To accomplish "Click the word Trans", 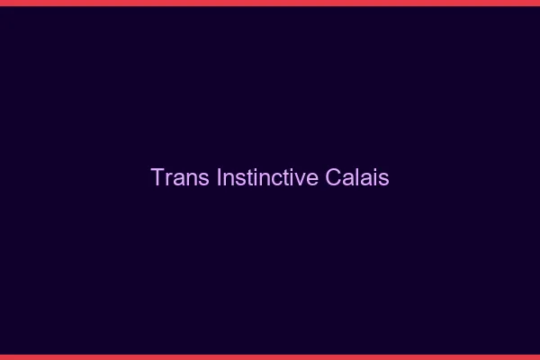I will pos(181,177).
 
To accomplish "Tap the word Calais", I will pos(357,177).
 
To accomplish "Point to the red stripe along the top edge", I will pos(270,3).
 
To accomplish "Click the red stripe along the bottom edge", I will pos(270,356).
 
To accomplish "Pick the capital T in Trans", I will pos(157,177).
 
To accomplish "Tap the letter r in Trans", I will pos(168,179).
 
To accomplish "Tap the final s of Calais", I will pos(384,179).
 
